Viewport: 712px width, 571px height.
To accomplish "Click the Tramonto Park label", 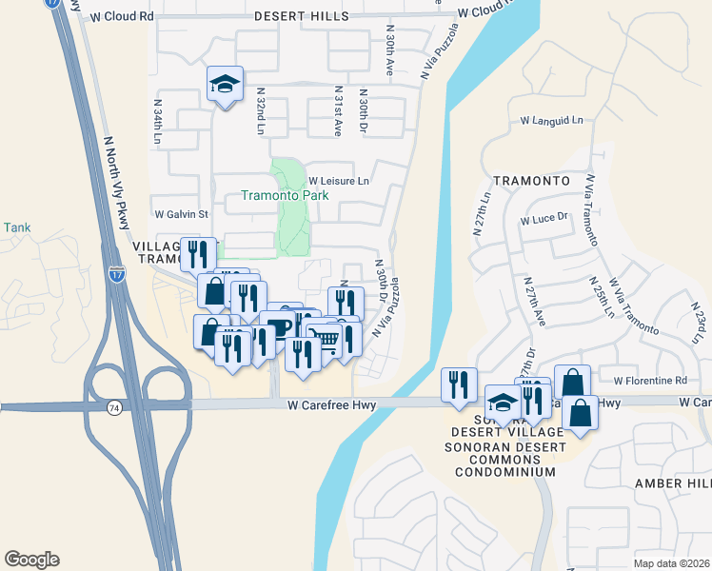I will tap(285, 196).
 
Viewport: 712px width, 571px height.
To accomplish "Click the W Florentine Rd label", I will tap(650, 380).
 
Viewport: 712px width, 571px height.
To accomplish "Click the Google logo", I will tap(31, 560).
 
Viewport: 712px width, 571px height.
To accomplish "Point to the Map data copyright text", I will tap(672, 563).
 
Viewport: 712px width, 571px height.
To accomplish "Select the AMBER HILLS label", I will tap(673, 483).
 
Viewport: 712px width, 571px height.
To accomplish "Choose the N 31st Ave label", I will tap(337, 109).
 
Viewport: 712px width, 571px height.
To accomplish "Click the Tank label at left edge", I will tap(16, 227).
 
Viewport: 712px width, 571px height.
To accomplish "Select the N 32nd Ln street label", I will tap(259, 109).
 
